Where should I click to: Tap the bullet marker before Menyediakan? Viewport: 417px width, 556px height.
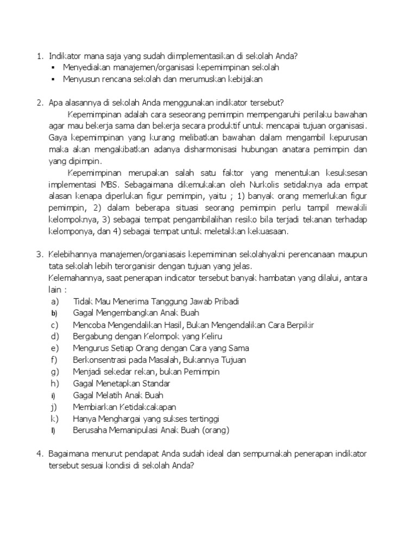point(53,67)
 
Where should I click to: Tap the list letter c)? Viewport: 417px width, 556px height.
point(54,325)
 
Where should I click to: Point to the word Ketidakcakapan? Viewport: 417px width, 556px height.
point(146,407)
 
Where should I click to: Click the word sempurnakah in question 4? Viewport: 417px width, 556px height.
point(274,453)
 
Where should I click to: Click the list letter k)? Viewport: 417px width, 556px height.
point(54,419)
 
